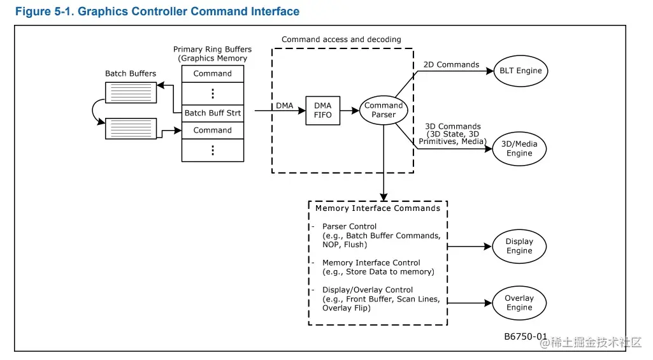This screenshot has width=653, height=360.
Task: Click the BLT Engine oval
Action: (x=520, y=71)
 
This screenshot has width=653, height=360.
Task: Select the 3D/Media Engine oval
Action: (x=519, y=148)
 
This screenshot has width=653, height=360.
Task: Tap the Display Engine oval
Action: (x=519, y=246)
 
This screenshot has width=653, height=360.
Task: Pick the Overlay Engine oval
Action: (x=519, y=303)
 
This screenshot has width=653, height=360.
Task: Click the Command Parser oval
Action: (x=384, y=110)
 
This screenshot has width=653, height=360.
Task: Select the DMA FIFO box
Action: (x=322, y=110)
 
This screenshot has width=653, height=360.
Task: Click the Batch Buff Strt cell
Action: (x=213, y=113)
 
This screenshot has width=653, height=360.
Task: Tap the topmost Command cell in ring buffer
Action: (x=213, y=73)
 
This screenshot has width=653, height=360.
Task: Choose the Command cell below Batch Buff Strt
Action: (x=213, y=130)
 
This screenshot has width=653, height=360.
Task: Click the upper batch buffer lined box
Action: (x=131, y=92)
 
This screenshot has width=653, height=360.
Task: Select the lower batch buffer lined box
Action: (x=131, y=129)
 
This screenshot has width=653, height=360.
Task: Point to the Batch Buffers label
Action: (x=131, y=73)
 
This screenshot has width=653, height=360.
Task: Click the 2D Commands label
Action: (x=451, y=64)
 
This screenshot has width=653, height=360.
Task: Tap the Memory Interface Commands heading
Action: (x=378, y=208)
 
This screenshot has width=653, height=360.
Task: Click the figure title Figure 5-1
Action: (x=157, y=11)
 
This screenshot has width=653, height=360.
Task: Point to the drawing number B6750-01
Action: (x=526, y=336)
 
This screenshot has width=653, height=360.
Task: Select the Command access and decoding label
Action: (x=341, y=40)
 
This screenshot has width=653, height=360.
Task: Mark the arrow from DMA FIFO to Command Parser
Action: (x=349, y=110)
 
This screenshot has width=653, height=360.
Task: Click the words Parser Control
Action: (x=349, y=226)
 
